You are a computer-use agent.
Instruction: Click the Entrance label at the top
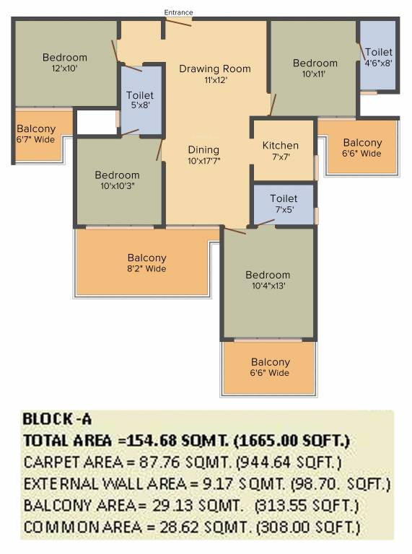[x=178, y=12]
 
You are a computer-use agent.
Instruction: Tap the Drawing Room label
[x=215, y=69]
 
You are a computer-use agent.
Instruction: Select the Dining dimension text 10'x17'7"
[x=204, y=161]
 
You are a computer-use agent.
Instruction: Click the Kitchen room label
[x=281, y=146]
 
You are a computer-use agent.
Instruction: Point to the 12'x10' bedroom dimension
[x=65, y=69]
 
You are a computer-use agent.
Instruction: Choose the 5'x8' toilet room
[x=141, y=100]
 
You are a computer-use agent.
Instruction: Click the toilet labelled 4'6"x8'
[x=378, y=55]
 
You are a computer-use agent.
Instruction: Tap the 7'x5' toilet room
[x=284, y=204]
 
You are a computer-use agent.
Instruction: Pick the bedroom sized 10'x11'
[x=314, y=68]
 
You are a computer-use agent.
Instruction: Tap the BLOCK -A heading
[x=57, y=419]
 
